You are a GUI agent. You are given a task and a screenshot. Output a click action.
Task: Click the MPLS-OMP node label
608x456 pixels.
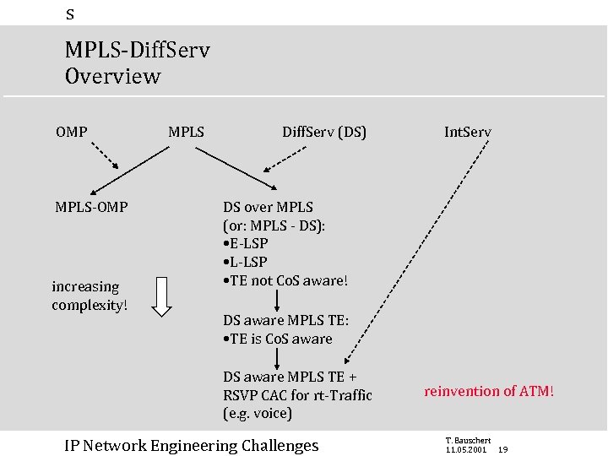click(x=91, y=207)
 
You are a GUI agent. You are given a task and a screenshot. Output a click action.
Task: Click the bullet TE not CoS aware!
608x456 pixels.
click(x=285, y=280)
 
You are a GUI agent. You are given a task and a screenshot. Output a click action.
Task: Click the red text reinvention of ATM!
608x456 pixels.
click(x=489, y=391)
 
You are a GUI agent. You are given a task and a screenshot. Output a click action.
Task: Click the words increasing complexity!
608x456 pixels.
click(x=90, y=296)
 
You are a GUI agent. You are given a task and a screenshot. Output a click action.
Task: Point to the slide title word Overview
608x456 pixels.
click(x=112, y=76)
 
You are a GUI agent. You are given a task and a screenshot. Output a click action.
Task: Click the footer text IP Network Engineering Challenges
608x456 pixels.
click(x=192, y=445)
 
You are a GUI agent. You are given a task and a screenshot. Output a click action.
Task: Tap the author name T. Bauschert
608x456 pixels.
click(x=467, y=440)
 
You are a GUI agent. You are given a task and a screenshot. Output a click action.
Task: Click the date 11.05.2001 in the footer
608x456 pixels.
click(x=465, y=450)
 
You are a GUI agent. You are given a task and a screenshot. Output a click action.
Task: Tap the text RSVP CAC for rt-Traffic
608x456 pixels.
click(x=297, y=395)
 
